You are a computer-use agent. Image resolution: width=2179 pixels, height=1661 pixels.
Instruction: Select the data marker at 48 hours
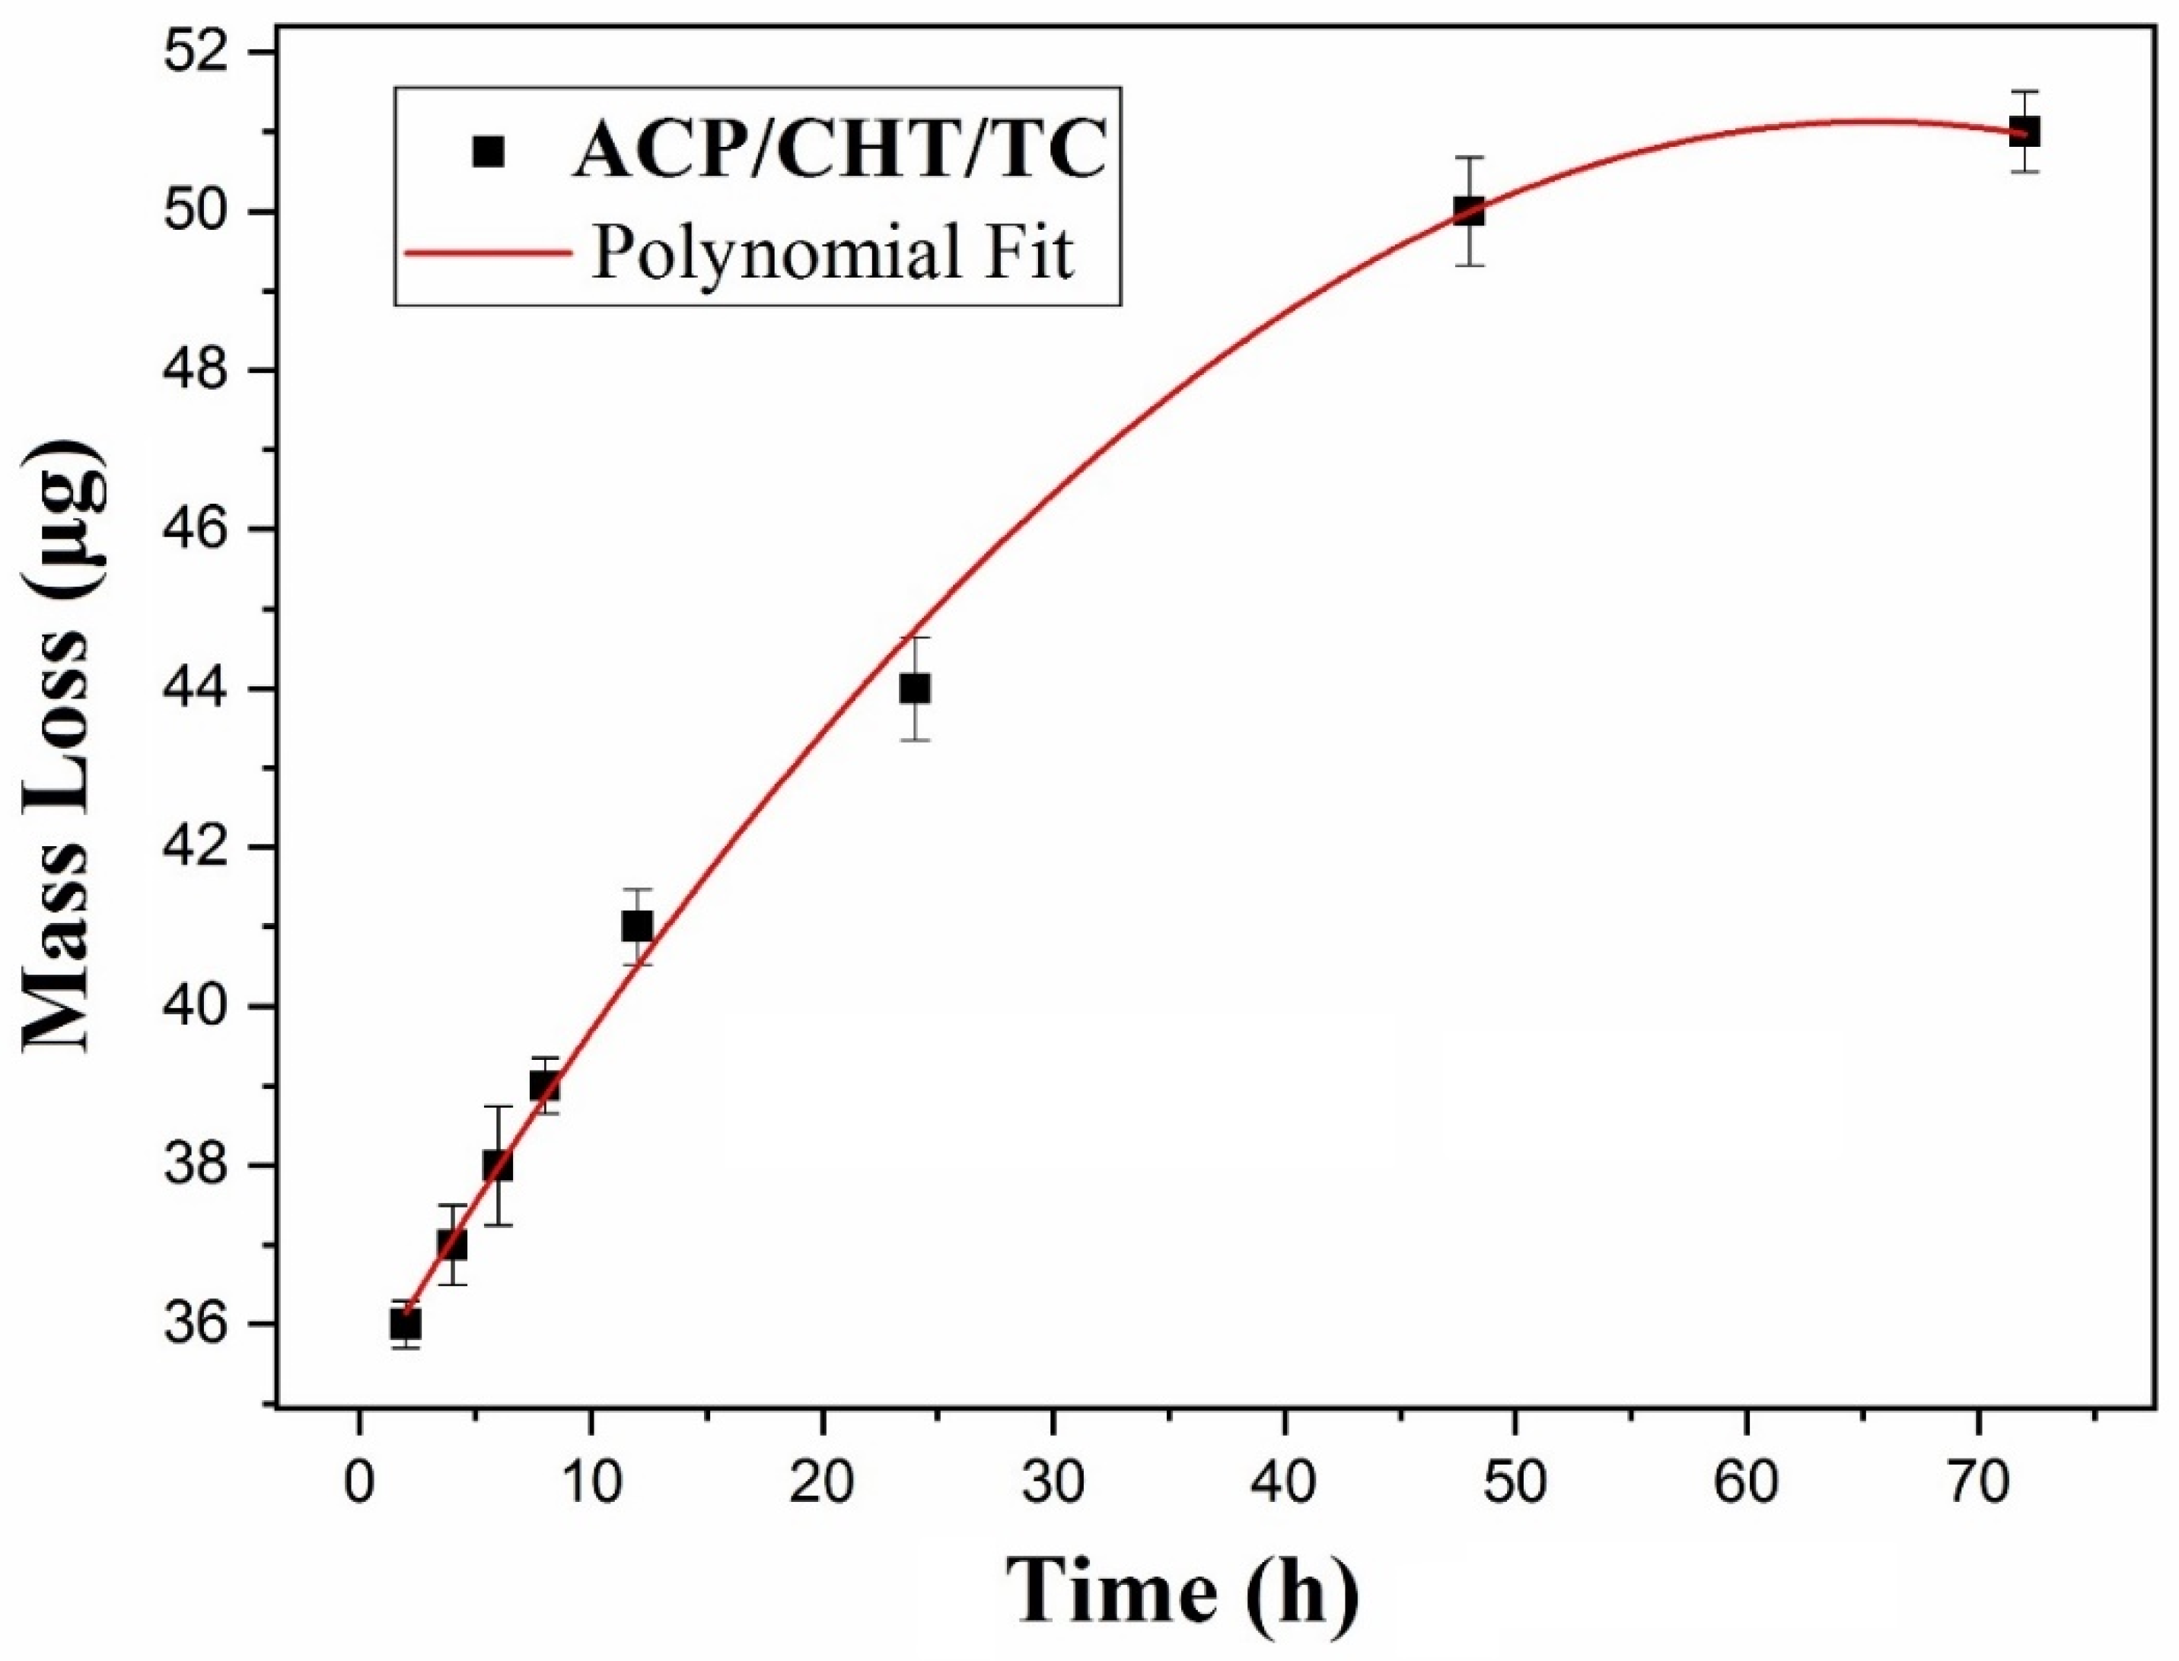(1469, 211)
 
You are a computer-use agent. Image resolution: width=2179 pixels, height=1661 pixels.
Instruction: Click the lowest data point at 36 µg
(406, 1323)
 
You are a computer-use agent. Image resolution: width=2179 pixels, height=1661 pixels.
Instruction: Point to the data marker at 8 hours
(544, 1087)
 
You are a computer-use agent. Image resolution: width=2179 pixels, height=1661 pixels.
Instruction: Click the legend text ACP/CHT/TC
(838, 151)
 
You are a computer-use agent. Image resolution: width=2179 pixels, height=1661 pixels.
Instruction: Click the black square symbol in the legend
(489, 151)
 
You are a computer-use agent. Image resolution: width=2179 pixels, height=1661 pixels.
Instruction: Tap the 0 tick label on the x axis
(359, 1484)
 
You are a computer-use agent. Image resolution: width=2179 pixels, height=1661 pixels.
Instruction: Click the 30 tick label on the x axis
(1053, 1484)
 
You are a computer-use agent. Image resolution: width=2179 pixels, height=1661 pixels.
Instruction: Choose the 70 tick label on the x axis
(1977, 1484)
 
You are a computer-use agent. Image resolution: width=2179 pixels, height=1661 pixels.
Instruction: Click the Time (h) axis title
(1182, 1594)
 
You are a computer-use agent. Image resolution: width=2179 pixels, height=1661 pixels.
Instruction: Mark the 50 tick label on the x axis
(1515, 1484)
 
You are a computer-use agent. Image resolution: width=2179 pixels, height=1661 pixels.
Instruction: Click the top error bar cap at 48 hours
(1469, 158)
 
